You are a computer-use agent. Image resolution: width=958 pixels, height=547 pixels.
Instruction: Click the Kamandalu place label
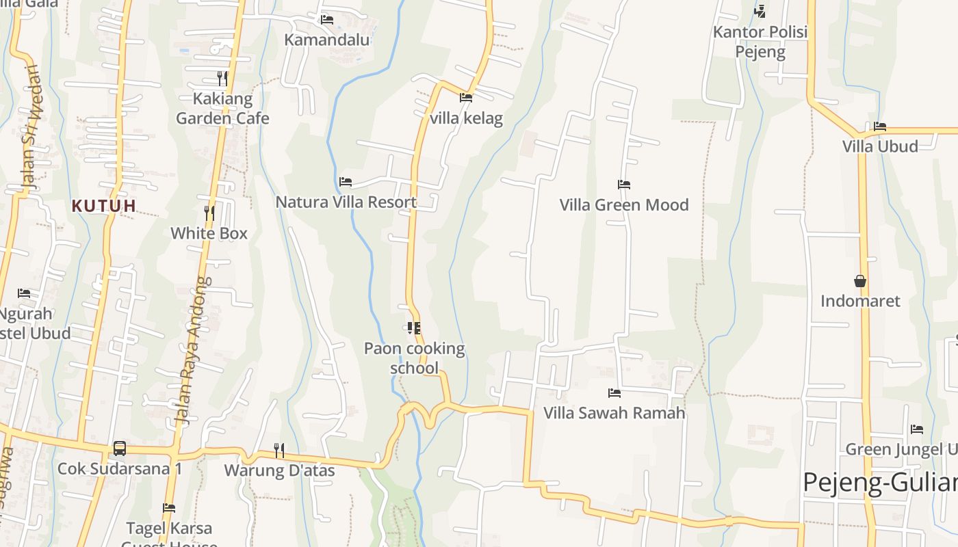tap(327, 40)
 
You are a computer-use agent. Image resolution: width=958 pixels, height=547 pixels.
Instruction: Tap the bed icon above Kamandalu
tap(327, 20)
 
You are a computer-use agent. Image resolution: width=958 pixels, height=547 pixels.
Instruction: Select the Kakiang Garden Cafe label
tap(222, 109)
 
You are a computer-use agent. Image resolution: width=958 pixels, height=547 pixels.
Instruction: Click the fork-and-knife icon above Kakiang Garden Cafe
tap(222, 78)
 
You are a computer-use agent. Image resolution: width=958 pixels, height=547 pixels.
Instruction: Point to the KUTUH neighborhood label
tap(104, 206)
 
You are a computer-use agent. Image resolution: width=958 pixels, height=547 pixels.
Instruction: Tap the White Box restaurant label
tap(209, 233)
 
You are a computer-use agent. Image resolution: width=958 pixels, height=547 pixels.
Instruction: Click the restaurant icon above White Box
tap(209, 213)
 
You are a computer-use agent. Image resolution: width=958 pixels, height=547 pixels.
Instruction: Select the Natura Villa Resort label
tap(346, 202)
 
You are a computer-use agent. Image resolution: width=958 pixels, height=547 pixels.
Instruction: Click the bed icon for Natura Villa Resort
tap(346, 182)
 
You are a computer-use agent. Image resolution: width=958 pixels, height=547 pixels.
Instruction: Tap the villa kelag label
tap(466, 118)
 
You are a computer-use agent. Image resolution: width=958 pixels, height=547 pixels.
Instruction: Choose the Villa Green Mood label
tap(624, 205)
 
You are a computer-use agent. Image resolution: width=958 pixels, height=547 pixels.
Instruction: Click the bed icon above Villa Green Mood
tap(624, 185)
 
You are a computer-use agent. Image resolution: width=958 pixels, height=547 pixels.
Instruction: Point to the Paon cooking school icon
tap(413, 329)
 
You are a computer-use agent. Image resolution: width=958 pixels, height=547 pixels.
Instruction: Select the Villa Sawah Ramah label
tap(614, 413)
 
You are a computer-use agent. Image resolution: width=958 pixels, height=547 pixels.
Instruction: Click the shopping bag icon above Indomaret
tap(860, 281)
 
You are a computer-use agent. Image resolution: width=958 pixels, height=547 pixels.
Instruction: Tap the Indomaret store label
tap(860, 301)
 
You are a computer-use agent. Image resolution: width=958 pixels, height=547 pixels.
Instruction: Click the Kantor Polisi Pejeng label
tap(760, 42)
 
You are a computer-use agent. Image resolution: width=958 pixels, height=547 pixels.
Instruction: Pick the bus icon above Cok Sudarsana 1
tap(120, 449)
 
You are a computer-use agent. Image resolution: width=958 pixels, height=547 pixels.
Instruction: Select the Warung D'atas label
tap(279, 470)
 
